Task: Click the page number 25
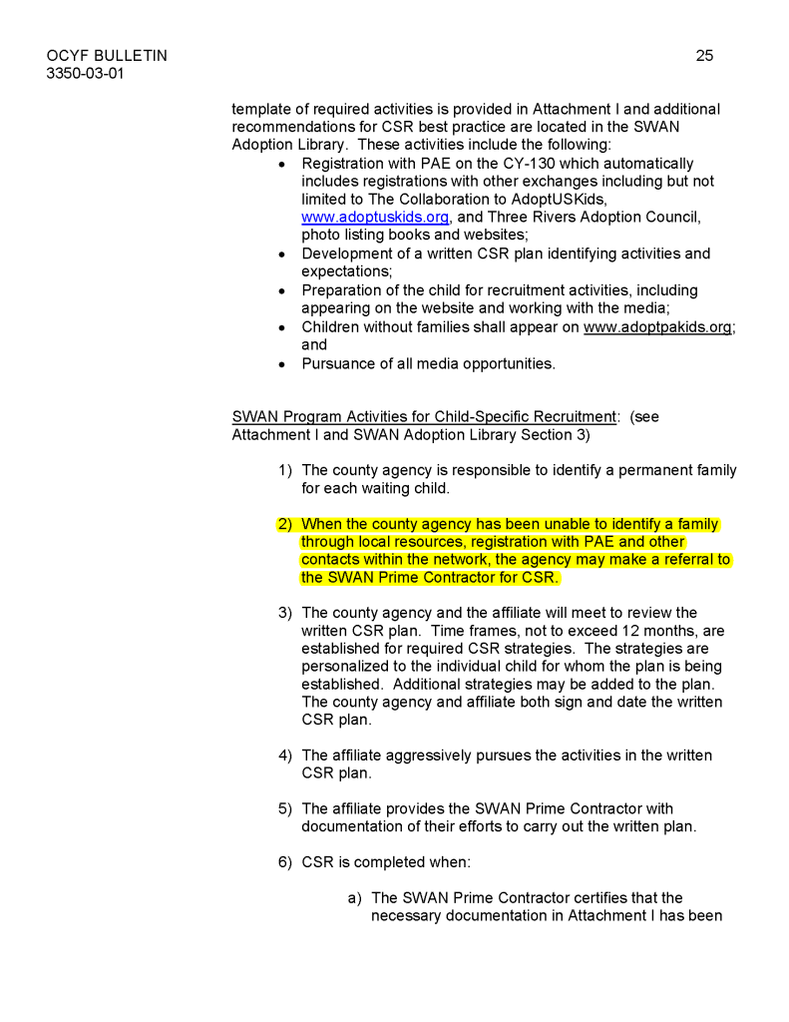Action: point(704,56)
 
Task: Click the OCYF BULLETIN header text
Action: point(107,56)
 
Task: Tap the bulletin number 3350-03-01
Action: point(86,74)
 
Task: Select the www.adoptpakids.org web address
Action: point(657,327)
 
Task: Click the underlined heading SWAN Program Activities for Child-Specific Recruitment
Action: point(424,416)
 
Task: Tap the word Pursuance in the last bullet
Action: point(340,363)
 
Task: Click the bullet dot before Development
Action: point(283,255)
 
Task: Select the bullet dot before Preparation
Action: point(283,290)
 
